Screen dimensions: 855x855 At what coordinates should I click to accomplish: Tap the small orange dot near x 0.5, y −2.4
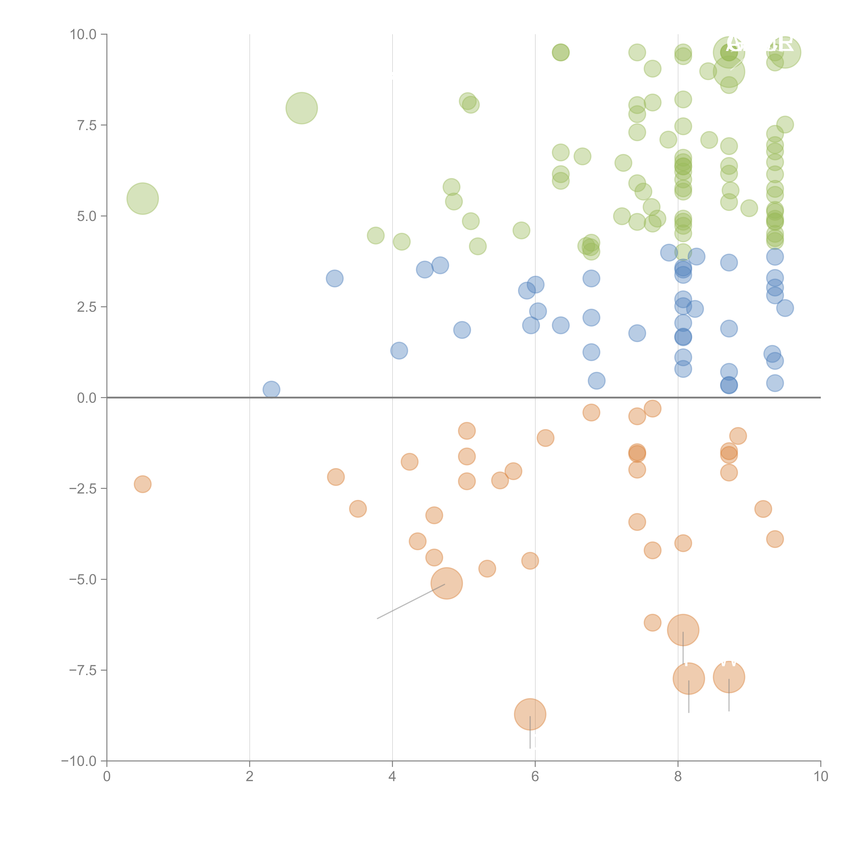(x=142, y=484)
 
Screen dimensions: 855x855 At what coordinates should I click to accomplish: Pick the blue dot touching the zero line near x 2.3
(x=271, y=389)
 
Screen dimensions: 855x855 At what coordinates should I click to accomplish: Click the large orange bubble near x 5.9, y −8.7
(x=530, y=714)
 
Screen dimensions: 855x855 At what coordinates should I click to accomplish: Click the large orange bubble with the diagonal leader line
(x=446, y=583)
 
